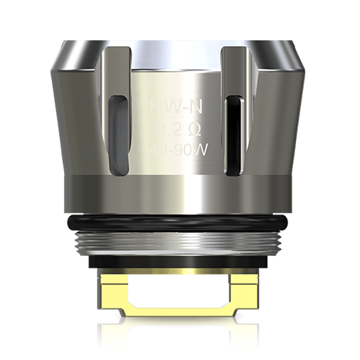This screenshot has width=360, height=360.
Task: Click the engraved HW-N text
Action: click(x=178, y=109)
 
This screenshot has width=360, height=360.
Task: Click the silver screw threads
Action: click(x=179, y=240)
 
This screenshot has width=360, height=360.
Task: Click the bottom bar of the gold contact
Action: click(x=180, y=314)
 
